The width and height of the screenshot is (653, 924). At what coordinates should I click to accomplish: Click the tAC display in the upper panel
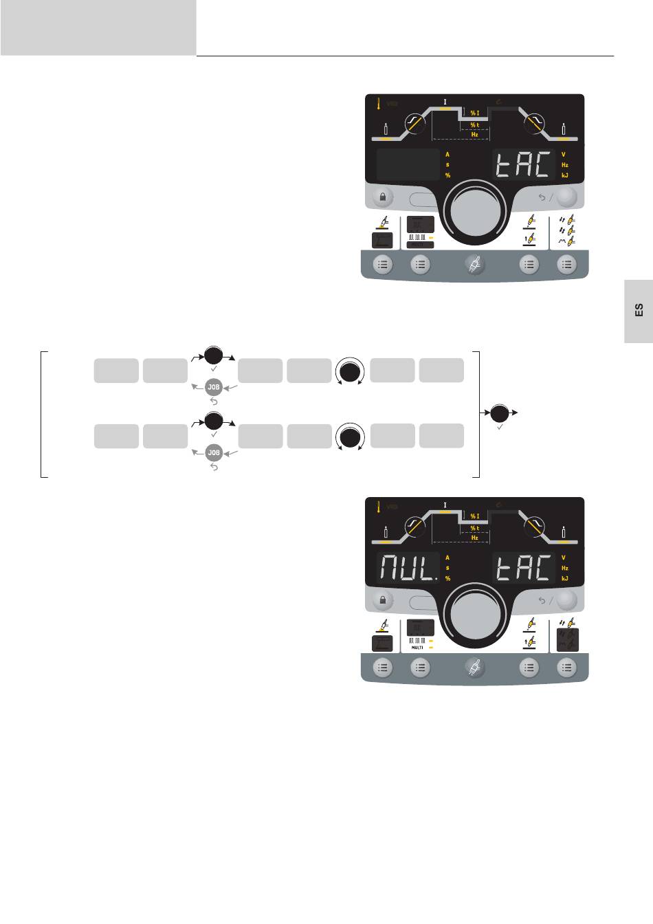[523, 165]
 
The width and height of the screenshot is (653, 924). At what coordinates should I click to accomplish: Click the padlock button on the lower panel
[383, 600]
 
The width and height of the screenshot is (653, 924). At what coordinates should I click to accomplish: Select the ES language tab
[639, 311]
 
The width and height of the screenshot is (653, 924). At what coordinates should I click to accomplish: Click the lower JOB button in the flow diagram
[214, 452]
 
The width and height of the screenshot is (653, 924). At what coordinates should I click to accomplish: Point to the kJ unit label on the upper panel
[565, 175]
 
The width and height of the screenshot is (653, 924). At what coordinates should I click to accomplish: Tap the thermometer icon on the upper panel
[379, 104]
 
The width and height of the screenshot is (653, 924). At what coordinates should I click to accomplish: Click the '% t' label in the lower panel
[474, 527]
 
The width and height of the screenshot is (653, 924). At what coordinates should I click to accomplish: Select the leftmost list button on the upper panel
[383, 264]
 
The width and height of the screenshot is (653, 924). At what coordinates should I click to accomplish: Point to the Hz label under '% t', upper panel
[474, 135]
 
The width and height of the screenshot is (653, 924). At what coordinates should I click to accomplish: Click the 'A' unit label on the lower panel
[447, 558]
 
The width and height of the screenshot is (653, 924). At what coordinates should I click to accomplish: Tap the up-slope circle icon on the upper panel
[414, 124]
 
